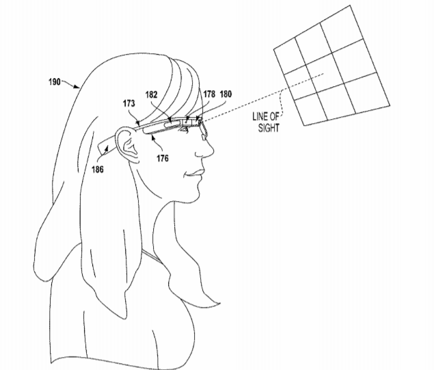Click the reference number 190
(x=55, y=81)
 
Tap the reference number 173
(x=129, y=103)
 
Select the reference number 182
(x=152, y=94)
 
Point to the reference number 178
(x=209, y=94)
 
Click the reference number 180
(x=226, y=94)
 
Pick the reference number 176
(x=163, y=158)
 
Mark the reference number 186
(x=98, y=169)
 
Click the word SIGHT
(x=269, y=128)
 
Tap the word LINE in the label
(x=260, y=116)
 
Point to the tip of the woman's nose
(x=213, y=151)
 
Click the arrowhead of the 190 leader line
(x=77, y=87)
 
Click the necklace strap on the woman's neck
(x=152, y=256)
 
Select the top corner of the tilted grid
(x=350, y=5)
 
